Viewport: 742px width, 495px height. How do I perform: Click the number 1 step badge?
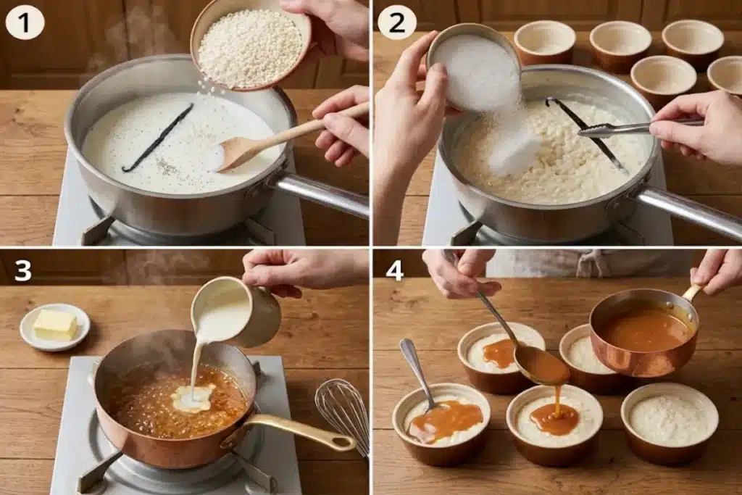coord(25,23)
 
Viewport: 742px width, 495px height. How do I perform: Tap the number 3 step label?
coord(22,270)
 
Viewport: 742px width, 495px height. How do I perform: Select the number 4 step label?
coord(395,270)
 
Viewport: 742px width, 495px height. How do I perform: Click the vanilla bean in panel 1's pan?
coord(157,138)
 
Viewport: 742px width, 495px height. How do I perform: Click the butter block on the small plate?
coord(55,325)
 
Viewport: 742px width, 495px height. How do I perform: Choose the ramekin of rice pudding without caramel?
coord(670,423)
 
